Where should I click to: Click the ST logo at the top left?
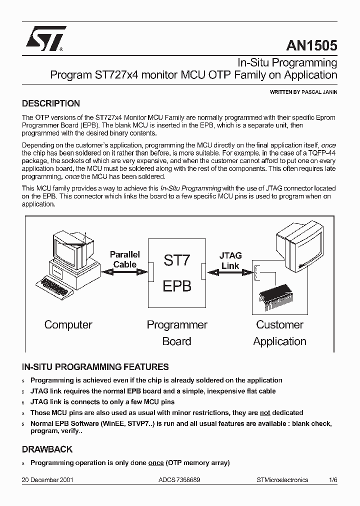point(45,38)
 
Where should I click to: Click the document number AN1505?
point(311,45)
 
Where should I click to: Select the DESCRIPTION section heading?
point(51,104)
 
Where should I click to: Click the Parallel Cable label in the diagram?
point(124,259)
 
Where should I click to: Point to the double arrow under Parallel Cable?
point(124,272)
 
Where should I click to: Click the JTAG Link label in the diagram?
point(230,260)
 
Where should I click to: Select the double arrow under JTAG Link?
point(230,273)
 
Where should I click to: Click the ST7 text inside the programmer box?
point(177,260)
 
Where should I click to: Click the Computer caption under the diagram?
point(68,324)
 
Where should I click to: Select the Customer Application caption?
point(279,333)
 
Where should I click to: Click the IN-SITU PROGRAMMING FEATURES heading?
point(95,367)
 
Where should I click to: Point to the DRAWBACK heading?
point(47,449)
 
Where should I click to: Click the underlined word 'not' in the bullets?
point(265,412)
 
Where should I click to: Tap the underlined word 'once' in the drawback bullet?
point(156,462)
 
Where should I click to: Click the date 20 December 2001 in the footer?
point(48,479)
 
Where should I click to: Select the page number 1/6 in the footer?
point(333,479)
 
